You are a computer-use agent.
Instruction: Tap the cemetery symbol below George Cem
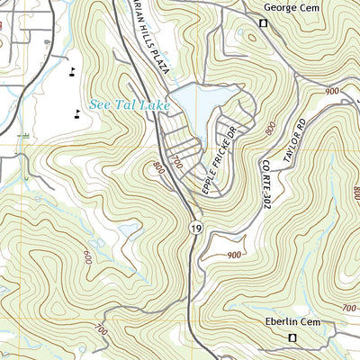click(264, 23)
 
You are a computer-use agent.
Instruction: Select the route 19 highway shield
click(195, 230)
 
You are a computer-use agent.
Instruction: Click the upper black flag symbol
click(72, 69)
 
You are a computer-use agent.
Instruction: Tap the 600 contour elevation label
click(86, 256)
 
